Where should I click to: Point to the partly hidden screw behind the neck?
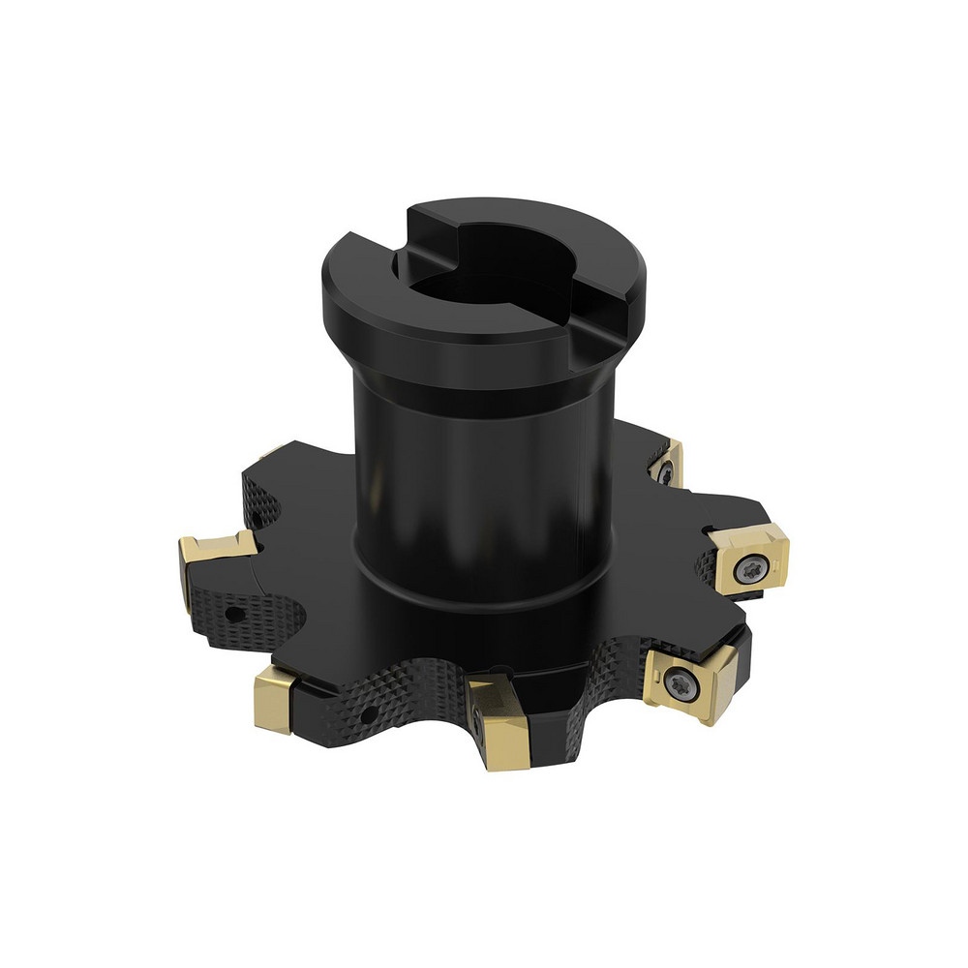tap(667, 472)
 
